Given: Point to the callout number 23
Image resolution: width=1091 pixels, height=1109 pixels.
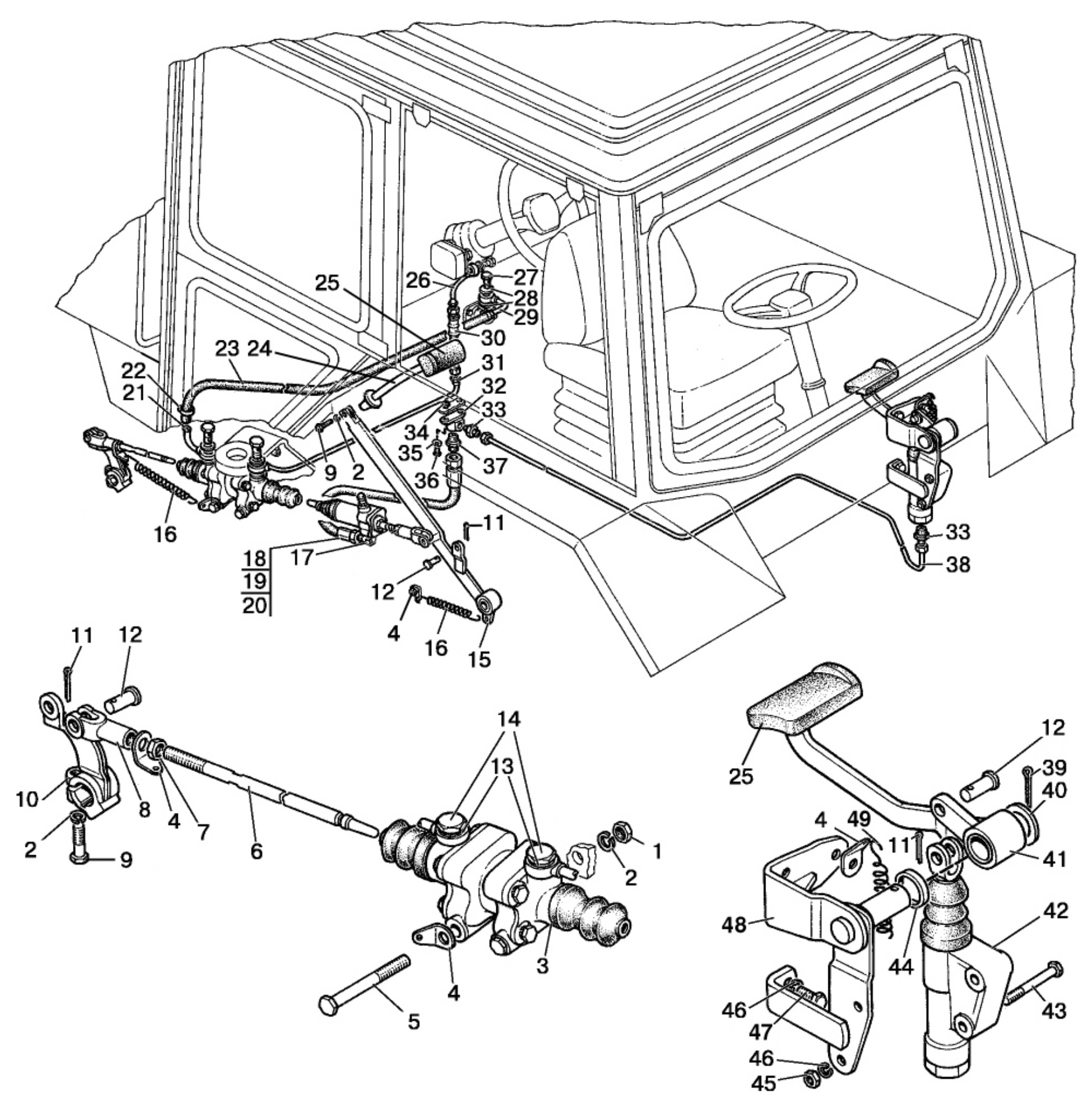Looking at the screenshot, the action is click(x=227, y=349).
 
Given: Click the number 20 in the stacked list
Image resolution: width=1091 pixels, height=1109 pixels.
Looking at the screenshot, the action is click(x=255, y=606).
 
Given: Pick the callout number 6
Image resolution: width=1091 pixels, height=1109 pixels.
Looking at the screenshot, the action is click(x=256, y=851).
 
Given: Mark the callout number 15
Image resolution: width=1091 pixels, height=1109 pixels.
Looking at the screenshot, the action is click(x=479, y=658).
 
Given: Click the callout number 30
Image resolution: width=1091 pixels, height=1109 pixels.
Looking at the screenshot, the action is click(x=492, y=338).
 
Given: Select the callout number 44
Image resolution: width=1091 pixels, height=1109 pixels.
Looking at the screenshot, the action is click(x=901, y=967).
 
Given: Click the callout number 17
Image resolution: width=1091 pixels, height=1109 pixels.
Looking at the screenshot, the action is click(x=301, y=558).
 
